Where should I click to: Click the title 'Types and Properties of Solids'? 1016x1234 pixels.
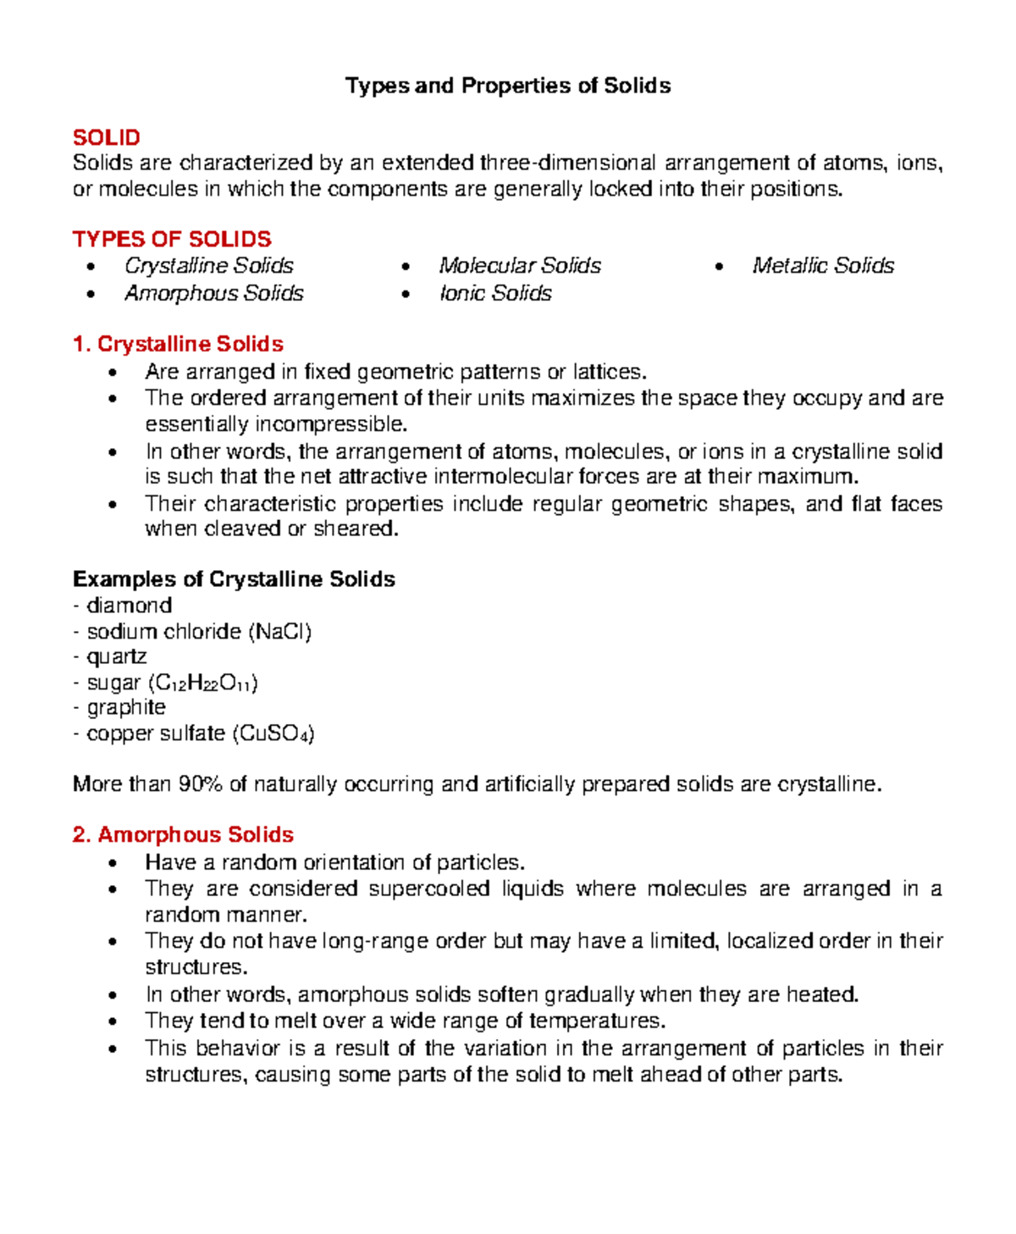[x=508, y=86]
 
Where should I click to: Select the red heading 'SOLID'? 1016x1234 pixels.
[x=107, y=137]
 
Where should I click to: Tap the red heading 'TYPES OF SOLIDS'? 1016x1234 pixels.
[x=172, y=239]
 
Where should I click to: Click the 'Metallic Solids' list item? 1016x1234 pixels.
[x=823, y=266]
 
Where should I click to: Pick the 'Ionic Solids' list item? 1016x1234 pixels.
[x=495, y=293]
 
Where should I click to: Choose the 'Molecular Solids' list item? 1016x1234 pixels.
[x=520, y=266]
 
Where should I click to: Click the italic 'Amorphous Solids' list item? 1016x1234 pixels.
[x=214, y=293]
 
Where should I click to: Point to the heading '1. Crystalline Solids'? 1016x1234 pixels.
[x=178, y=344]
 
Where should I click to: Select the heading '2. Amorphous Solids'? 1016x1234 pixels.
[x=183, y=834]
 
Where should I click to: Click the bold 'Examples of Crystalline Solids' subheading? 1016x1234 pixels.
[x=234, y=579]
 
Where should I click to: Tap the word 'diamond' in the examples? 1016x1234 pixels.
[x=129, y=606]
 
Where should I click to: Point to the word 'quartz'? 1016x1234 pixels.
[x=117, y=656]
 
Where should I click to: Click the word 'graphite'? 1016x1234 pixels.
[x=126, y=707]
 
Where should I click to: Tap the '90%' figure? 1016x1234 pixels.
[x=200, y=784]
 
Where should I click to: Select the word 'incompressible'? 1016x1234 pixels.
[x=331, y=423]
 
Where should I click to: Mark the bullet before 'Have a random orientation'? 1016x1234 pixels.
[x=113, y=864]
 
